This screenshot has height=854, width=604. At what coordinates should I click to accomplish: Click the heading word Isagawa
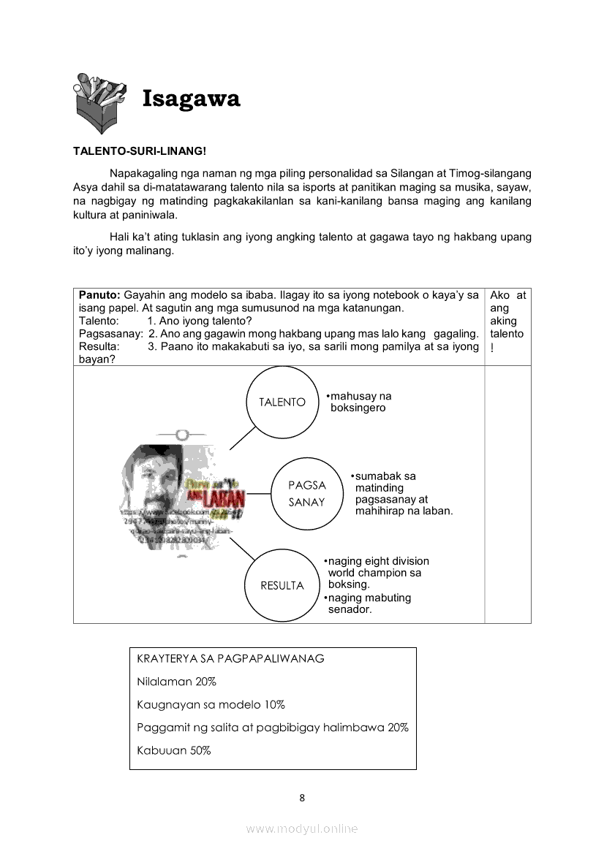pos(191,99)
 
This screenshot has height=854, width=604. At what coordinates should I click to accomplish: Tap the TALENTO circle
pos(282,403)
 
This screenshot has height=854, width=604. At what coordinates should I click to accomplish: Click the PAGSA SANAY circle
pos(306,493)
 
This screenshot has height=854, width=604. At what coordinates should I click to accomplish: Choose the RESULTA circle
pos(282,585)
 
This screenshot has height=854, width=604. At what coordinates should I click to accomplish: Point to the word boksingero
pos(358,408)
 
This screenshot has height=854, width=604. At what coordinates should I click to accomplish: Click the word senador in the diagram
pos(350,609)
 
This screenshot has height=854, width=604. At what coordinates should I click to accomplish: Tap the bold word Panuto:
pos(100,295)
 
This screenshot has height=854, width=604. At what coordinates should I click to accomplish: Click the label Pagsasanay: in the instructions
pos(110,334)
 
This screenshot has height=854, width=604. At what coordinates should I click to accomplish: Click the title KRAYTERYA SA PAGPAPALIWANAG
pos(230,658)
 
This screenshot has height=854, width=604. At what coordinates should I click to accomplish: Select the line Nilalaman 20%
pos(176,682)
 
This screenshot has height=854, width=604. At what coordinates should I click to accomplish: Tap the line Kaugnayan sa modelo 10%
pos(211,705)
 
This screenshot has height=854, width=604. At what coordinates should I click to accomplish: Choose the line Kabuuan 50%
pos(173,750)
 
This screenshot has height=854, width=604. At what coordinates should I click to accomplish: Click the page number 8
pos(302,798)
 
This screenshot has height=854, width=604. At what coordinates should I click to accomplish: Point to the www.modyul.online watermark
pos(302,829)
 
